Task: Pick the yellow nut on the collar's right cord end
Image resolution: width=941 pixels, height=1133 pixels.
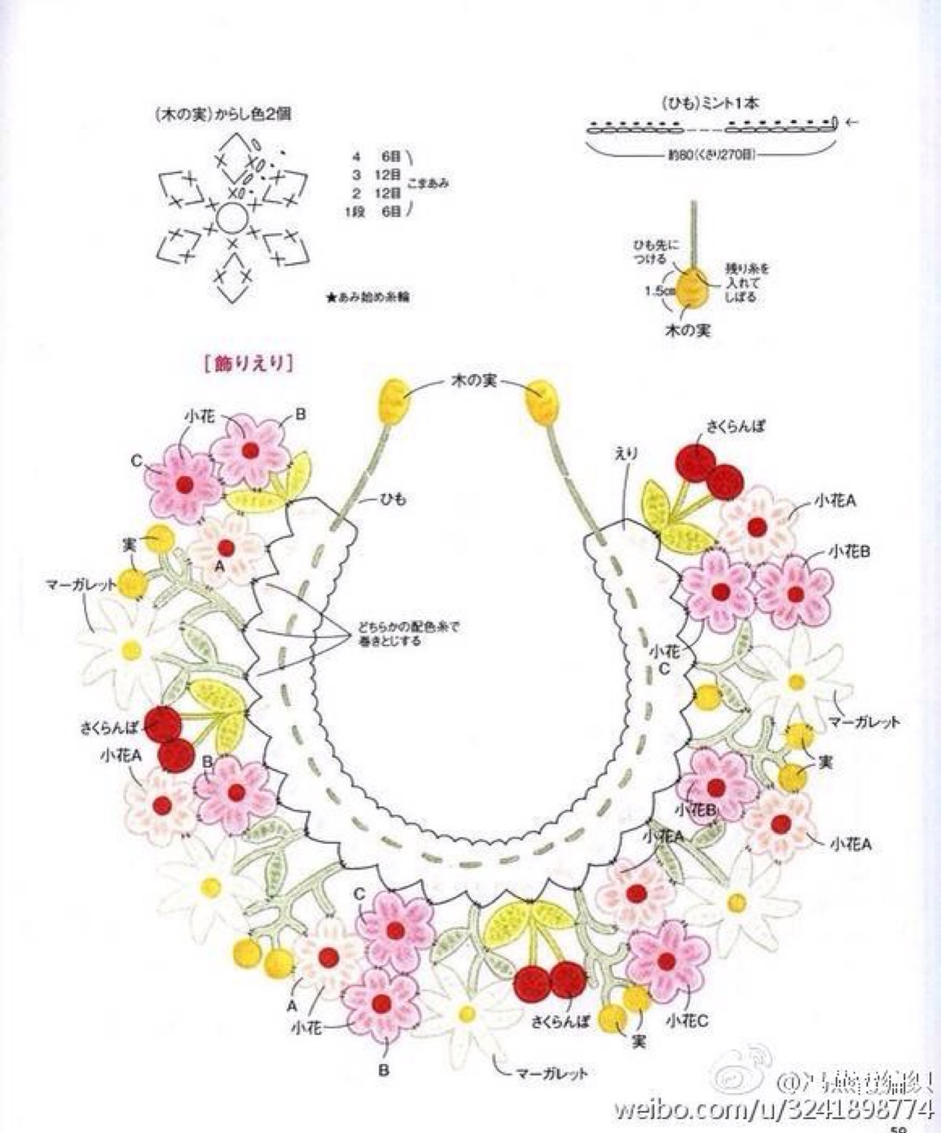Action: point(540,399)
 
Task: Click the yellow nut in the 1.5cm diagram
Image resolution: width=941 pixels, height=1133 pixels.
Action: point(692,288)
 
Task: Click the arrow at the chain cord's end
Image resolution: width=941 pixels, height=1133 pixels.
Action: point(853,122)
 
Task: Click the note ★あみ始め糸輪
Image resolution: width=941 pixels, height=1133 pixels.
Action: point(369,298)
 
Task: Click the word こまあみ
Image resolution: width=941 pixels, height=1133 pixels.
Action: point(428,184)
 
